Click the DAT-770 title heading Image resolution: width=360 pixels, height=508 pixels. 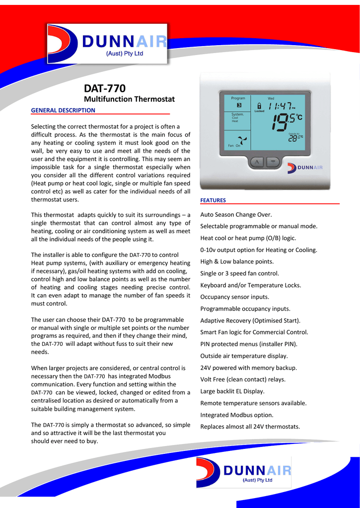[104, 88]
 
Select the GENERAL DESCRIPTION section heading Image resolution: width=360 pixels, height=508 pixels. [63, 110]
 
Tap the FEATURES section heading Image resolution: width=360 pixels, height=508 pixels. [213, 200]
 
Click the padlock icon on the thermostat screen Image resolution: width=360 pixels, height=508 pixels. [259, 106]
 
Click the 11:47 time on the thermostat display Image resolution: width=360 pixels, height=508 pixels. [281, 107]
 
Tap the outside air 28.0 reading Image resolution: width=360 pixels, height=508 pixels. [295, 138]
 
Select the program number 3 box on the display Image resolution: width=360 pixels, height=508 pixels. [239, 105]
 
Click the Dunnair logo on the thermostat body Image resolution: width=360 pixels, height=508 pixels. [305, 167]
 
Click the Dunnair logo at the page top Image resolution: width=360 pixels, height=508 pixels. [108, 44]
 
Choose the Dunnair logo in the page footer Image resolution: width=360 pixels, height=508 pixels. [244, 472]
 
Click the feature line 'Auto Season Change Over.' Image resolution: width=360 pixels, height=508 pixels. [236, 215]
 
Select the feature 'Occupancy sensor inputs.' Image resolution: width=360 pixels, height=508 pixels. [234, 297]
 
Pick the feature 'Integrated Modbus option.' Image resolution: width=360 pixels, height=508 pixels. [237, 415]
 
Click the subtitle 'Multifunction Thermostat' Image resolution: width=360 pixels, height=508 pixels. [129, 99]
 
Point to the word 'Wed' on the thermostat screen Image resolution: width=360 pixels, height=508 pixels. [271, 98]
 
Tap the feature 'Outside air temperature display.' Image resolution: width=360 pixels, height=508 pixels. [244, 356]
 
